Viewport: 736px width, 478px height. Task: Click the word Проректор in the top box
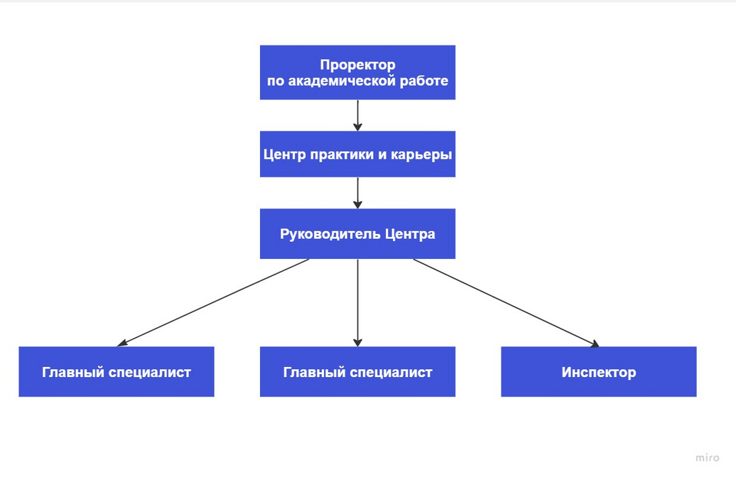click(357, 65)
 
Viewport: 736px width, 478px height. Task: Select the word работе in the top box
click(424, 80)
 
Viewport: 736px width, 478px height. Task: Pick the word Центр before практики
click(284, 154)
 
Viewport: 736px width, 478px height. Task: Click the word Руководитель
click(330, 234)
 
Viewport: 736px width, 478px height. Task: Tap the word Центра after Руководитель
click(410, 234)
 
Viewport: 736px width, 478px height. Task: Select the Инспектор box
click(598, 372)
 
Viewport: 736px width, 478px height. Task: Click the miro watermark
click(707, 457)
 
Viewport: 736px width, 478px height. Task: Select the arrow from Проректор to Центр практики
click(357, 115)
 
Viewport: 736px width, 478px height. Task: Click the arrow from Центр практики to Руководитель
click(357, 193)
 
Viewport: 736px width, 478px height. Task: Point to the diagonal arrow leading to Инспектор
click(506, 303)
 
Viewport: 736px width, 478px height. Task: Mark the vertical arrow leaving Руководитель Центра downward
click(357, 303)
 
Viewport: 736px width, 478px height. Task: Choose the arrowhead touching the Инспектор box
click(595, 344)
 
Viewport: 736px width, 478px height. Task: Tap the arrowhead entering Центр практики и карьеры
click(357, 127)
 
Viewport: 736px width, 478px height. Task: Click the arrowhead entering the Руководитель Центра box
click(357, 204)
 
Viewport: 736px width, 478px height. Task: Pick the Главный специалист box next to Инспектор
click(357, 372)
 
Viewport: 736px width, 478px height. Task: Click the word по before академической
click(276, 81)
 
